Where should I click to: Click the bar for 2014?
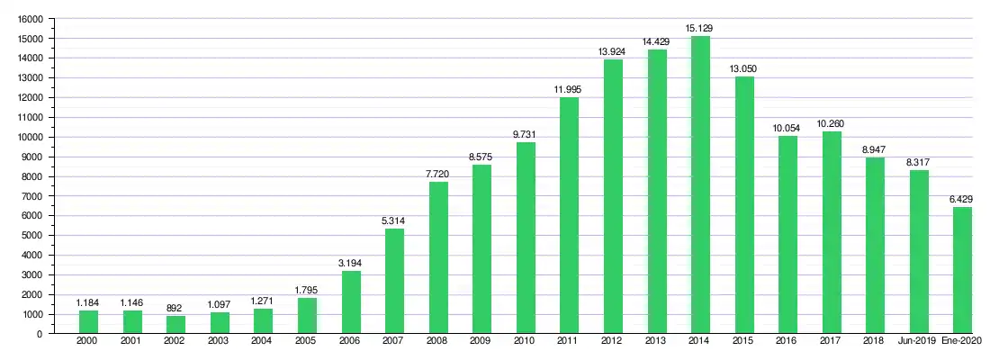click(700, 184)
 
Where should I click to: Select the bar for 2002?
click(175, 325)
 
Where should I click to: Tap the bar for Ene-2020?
click(962, 270)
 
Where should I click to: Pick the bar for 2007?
click(394, 281)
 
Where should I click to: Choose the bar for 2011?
click(569, 215)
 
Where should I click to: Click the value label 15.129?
click(699, 29)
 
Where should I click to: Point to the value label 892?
click(175, 309)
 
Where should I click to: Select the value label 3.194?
click(350, 263)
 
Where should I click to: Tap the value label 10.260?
click(831, 124)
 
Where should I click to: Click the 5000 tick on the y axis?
click(33, 236)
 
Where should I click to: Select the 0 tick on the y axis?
click(40, 334)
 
